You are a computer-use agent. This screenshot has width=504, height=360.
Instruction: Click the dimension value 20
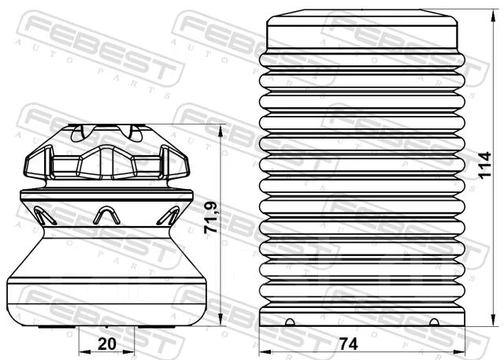point(107,344)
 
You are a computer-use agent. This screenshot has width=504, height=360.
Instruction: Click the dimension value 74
point(348,344)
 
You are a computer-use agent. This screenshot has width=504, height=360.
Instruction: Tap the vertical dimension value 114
point(485,165)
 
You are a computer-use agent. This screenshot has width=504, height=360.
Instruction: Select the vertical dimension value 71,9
point(211,217)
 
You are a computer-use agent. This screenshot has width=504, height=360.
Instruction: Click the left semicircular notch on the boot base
point(290,322)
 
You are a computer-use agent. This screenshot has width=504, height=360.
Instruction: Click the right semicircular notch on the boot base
point(434,322)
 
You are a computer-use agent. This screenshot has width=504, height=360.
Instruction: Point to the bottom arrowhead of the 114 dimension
point(494,320)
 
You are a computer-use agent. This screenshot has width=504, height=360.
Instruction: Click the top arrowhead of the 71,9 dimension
point(220,130)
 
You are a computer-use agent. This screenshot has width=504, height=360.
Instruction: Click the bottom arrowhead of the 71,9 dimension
point(220,320)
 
